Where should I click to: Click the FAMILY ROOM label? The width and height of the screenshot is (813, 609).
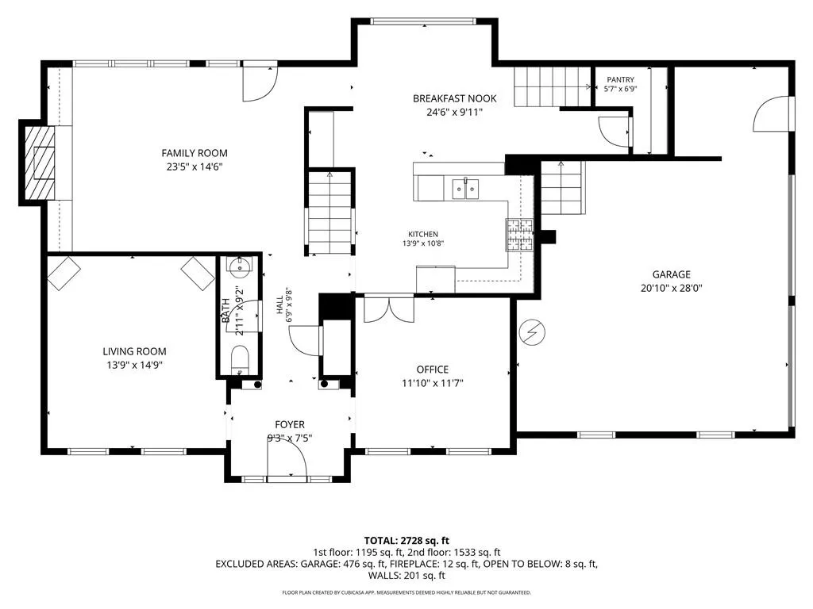[x=195, y=153]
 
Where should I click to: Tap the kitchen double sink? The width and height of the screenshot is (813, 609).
[x=465, y=189]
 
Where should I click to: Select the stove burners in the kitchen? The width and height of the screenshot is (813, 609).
[x=519, y=235]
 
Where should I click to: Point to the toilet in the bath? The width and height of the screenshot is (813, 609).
[x=240, y=360]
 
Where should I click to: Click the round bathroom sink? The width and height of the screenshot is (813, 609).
[x=240, y=266]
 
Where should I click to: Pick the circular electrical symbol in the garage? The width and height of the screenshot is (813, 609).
[x=532, y=332]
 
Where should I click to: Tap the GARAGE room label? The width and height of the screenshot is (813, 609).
[x=672, y=274]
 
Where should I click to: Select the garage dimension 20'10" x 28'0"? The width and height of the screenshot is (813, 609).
[x=672, y=289]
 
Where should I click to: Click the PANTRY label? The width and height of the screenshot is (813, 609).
[x=621, y=80]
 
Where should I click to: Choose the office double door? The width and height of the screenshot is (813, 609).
[x=389, y=308]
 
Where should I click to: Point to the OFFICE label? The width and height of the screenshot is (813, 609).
[x=433, y=370]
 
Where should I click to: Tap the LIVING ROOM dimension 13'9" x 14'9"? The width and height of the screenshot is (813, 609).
[x=135, y=365]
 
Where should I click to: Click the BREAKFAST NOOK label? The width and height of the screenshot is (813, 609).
[x=455, y=98]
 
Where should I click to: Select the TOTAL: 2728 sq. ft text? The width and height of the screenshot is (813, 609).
[x=406, y=541]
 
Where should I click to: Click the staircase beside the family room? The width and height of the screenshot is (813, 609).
[x=329, y=213]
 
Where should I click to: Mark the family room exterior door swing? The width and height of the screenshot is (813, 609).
[x=260, y=82]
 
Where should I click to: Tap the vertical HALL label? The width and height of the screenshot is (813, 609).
[x=280, y=305]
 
